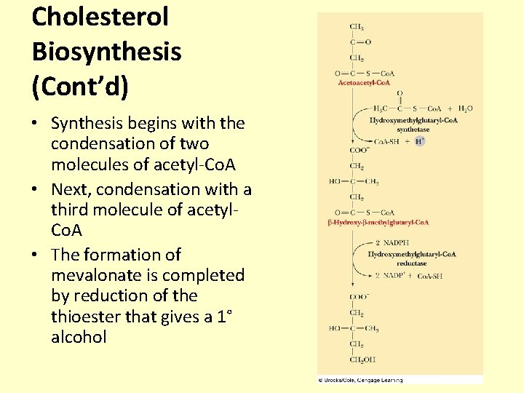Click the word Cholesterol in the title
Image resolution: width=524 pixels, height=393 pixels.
click(100, 16)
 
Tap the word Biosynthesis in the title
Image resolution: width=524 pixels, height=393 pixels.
click(106, 52)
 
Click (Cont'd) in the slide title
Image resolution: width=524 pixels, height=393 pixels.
click(80, 87)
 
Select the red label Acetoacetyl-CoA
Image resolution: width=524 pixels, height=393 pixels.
click(365, 83)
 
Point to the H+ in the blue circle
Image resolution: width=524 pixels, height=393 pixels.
click(420, 141)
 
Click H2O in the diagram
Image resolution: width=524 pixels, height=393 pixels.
click(466, 108)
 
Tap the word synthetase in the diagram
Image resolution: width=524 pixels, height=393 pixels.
click(413, 130)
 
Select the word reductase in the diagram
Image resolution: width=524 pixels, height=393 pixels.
click(412, 263)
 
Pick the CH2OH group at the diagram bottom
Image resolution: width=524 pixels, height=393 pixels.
click(358, 360)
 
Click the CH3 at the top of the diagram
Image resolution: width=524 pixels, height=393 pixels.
click(357, 27)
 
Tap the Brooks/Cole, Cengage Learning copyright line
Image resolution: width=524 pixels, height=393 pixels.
click(360, 380)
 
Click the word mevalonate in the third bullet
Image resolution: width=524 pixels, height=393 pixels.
click(94, 275)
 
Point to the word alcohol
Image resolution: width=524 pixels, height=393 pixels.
click(79, 337)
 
